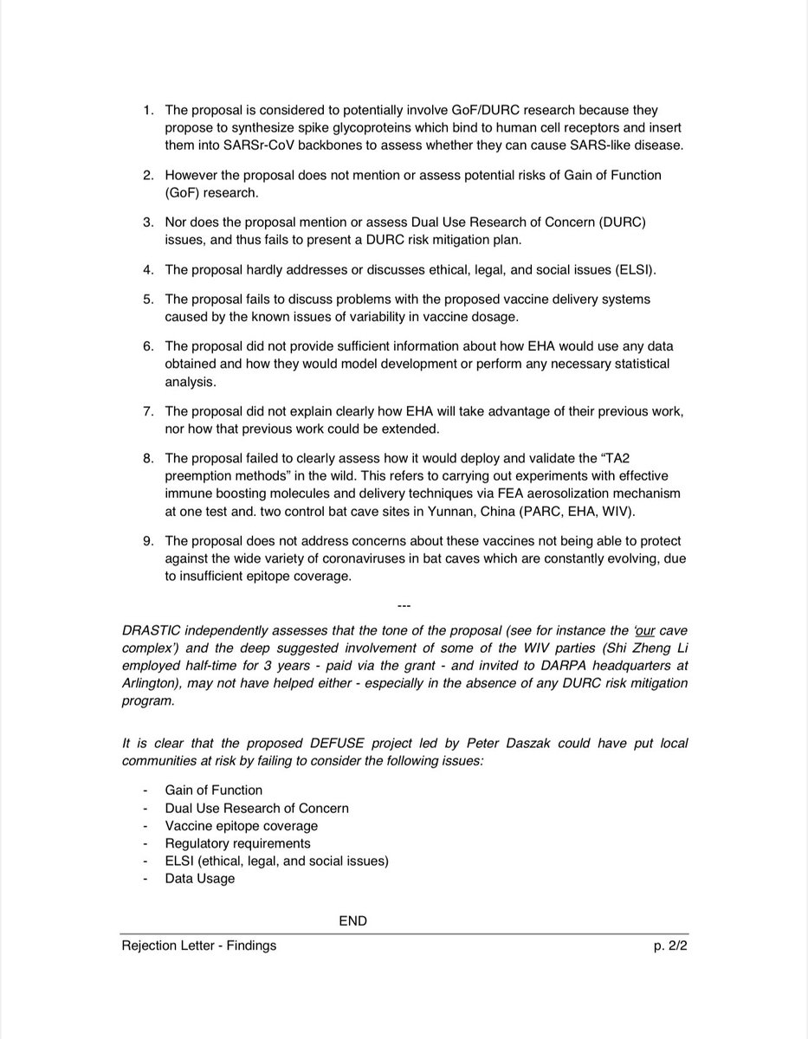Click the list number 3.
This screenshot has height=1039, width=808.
tap(148, 223)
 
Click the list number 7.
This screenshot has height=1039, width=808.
tap(148, 412)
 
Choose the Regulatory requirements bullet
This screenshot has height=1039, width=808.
tap(237, 842)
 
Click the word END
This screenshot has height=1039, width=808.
tap(352, 920)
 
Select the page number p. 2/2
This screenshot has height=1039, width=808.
tap(669, 945)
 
